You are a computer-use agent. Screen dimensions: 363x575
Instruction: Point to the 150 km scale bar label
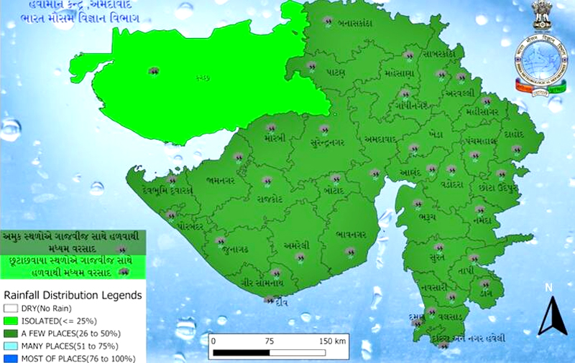click(x=332, y=341)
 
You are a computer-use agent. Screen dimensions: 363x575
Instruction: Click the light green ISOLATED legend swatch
click(x=9, y=321)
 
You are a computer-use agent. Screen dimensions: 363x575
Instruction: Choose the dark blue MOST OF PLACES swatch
click(x=9, y=357)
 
